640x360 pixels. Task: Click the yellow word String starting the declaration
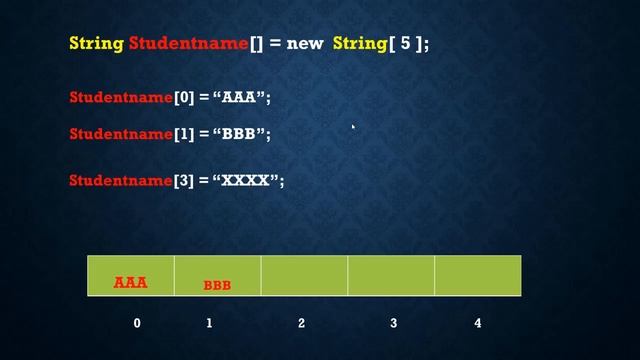coord(96,44)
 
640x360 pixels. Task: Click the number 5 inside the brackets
coord(406,44)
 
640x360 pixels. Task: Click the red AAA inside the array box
coord(131,283)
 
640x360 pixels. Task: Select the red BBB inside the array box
coord(217,285)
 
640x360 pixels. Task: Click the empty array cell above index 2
coord(304,275)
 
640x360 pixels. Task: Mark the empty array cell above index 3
coord(391,275)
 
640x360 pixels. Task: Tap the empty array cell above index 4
coord(477,275)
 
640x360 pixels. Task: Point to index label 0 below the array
coord(137,323)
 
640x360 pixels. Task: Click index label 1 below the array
coord(209,323)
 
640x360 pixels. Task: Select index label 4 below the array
coord(478,323)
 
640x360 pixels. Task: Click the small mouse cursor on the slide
coord(353,127)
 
